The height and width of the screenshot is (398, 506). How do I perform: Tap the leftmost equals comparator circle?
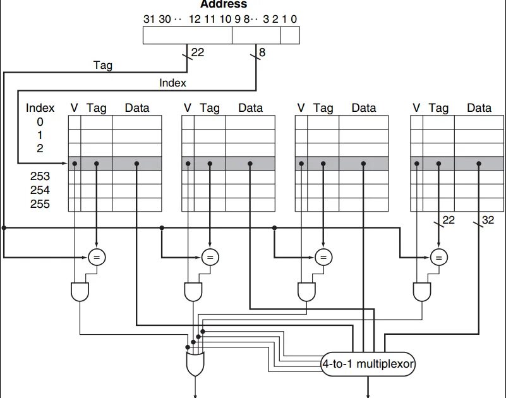(97, 256)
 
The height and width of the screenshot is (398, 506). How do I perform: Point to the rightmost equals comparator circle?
(437, 256)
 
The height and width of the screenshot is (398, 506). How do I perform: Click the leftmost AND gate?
(80, 291)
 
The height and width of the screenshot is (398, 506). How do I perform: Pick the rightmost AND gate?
(421, 291)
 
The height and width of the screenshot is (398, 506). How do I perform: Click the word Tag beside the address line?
(102, 64)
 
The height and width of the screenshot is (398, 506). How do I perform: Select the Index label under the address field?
(172, 82)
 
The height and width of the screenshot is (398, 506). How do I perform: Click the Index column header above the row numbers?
(40, 108)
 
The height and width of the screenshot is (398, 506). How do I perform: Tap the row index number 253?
(39, 177)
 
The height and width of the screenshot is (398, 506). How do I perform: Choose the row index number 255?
(39, 204)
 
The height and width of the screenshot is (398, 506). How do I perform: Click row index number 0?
(39, 122)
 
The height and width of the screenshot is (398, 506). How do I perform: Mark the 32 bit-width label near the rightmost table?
(489, 220)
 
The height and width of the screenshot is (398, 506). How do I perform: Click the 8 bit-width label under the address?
(262, 53)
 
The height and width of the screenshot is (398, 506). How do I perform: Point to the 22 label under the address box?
(198, 53)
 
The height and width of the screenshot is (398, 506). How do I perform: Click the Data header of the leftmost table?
(137, 108)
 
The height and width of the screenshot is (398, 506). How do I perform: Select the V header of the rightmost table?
(416, 108)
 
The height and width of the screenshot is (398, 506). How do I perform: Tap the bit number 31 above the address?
(149, 19)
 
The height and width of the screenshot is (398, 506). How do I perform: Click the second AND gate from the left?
(193, 291)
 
